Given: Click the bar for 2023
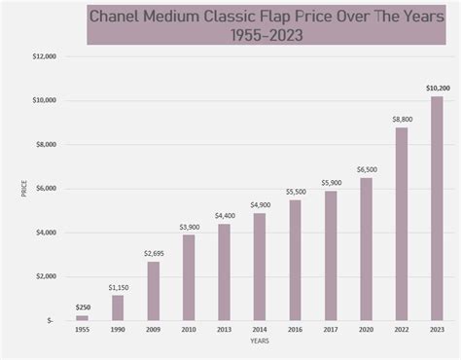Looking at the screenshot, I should [437, 208].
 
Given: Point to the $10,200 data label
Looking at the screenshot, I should [437, 89].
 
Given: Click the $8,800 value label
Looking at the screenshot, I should [402, 119].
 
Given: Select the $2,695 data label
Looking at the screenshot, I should [153, 253].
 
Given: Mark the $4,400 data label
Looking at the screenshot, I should [224, 216].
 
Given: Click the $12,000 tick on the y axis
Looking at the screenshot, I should [42, 56].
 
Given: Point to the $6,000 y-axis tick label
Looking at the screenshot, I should [44, 189].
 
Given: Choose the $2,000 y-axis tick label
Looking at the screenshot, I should [44, 276].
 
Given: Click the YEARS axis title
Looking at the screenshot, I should [259, 342].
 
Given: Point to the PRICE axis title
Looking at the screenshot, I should [23, 189].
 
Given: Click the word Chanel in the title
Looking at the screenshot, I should [118, 17].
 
